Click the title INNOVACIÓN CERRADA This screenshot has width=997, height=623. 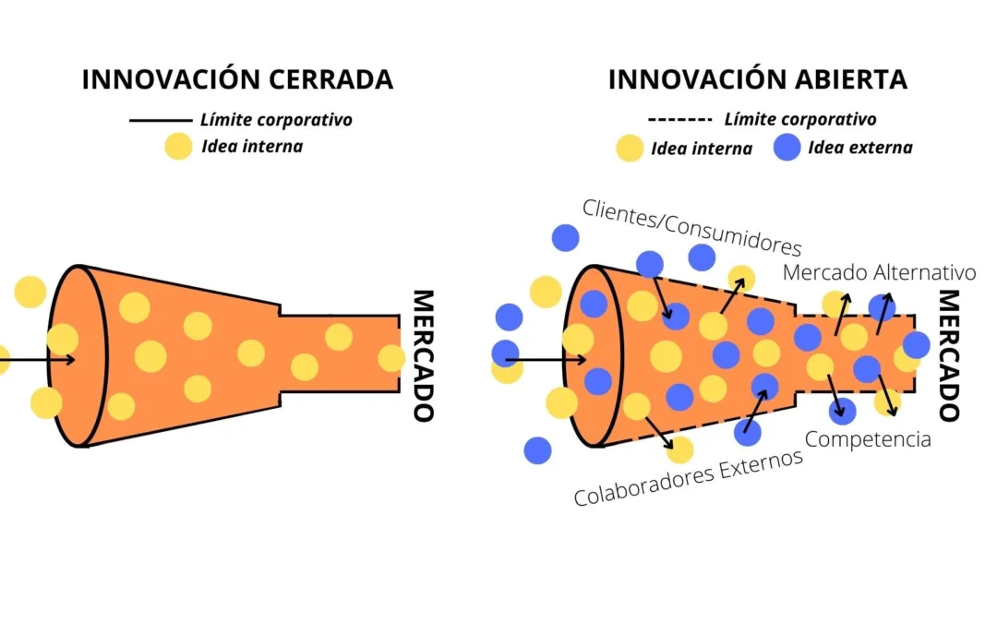(237, 79)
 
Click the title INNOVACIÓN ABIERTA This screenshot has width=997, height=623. (757, 79)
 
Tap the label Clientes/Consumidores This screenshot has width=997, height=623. (691, 227)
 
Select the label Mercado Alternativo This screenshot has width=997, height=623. (879, 273)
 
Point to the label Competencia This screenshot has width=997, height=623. (869, 438)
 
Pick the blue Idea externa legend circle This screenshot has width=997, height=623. (787, 148)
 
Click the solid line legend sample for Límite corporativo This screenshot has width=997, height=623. (160, 120)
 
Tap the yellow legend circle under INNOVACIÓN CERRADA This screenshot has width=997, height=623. (178, 147)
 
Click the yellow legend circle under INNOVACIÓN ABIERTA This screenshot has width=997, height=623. (630, 148)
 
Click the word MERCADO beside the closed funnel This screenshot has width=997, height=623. (422, 355)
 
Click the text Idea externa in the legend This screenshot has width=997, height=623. (859, 148)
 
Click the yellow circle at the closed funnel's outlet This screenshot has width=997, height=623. (391, 358)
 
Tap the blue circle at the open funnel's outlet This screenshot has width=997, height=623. (916, 345)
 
